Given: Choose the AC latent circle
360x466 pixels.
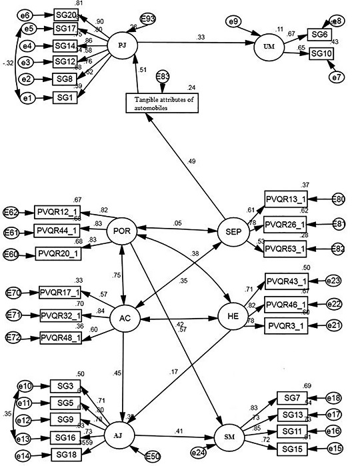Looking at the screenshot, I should (x=123, y=318).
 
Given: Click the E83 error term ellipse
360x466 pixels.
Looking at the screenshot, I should (x=163, y=79).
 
